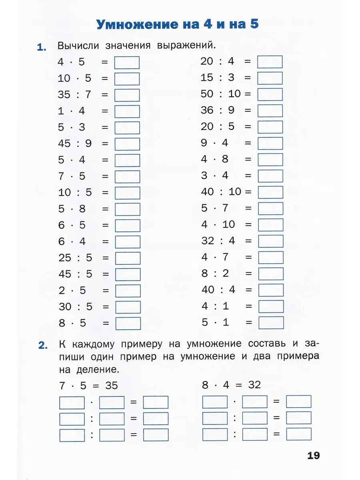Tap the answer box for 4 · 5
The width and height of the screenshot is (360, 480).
coord(127,63)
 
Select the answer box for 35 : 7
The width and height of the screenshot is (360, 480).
coord(127,95)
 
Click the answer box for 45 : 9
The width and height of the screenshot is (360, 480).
coord(127,144)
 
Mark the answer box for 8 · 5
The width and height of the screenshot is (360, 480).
coord(128,323)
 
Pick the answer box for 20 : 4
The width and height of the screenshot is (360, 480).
coord(270,62)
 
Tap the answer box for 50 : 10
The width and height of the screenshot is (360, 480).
coord(270,94)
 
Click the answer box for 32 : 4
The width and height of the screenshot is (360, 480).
coord(271,241)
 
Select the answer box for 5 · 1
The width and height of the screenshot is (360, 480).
coord(271,322)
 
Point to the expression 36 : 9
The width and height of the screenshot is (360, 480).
coord(218,110)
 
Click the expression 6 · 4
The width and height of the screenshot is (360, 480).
coord(72,242)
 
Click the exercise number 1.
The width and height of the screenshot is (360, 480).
coord(41,48)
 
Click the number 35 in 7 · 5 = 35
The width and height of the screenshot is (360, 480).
coord(112,386)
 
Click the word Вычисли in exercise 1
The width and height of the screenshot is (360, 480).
coord(78,46)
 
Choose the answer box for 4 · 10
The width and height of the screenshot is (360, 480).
coord(271,225)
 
